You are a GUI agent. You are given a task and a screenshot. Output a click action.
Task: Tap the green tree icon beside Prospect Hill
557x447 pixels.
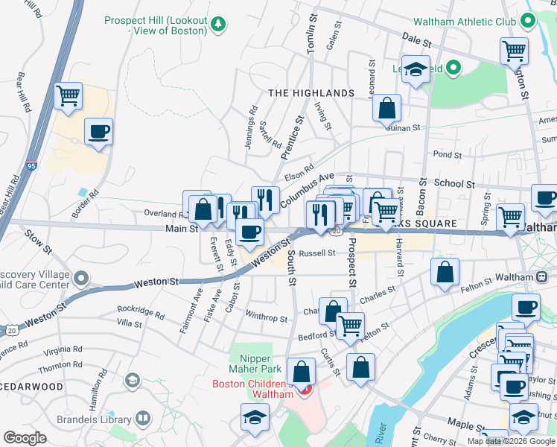point(218,25)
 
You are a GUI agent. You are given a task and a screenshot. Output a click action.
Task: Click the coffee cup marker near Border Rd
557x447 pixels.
point(98,133)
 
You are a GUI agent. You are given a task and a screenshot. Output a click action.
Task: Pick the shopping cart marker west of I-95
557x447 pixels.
point(68,95)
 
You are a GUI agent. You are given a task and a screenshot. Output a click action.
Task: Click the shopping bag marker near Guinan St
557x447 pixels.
point(387,108)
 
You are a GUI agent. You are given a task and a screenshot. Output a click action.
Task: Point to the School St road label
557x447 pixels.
point(453,183)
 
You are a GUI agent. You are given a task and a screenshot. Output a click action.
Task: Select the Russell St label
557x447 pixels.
point(316,253)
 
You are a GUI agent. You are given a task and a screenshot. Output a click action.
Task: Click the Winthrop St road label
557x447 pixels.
point(267,318)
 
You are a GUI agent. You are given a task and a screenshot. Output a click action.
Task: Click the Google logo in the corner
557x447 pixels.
point(25,438)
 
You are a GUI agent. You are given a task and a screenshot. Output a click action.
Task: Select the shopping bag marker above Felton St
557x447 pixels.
point(445,273)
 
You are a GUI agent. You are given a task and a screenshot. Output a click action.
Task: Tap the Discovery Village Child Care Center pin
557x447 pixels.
point(82,279)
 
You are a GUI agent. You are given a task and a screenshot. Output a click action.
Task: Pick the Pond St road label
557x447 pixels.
point(447,155)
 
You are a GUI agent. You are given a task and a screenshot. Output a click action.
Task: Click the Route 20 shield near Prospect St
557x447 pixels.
point(337,232)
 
